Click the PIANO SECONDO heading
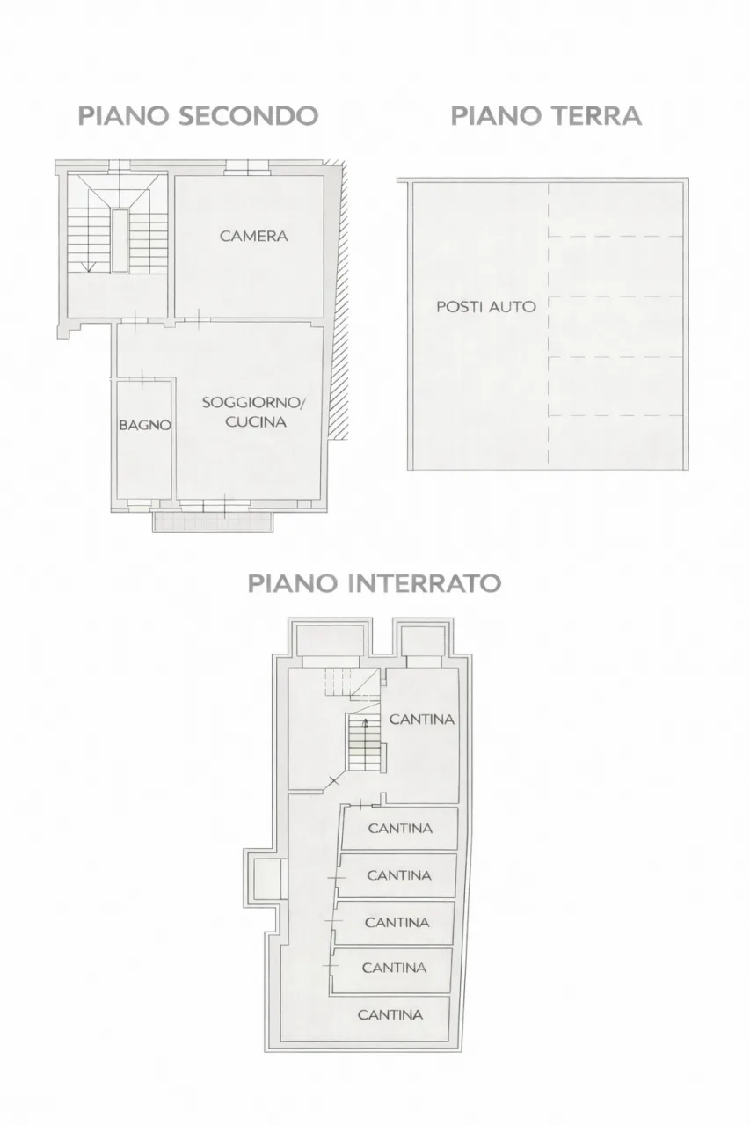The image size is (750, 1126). coord(199,115)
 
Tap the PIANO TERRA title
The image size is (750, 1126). coord(546,115)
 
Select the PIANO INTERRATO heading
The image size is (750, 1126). coord(375,583)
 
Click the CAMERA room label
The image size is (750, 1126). coord(254,236)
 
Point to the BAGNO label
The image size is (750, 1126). coord(145,425)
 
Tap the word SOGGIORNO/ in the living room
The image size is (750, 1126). coord(254,403)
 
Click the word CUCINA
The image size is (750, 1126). coord(256,421)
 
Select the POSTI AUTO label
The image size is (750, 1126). coord(485,307)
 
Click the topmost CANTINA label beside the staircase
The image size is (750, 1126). coord(422,720)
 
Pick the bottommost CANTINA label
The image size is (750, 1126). coord(390,1015)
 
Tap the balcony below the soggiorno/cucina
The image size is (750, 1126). coord(213,522)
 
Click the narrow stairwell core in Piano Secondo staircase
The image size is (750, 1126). coord(120,241)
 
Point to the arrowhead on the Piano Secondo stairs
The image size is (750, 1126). coord(89,267)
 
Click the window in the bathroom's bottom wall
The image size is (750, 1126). coord(143,503)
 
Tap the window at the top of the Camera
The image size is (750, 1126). coord(248,167)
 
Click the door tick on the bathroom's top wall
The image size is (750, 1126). coord(142,378)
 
